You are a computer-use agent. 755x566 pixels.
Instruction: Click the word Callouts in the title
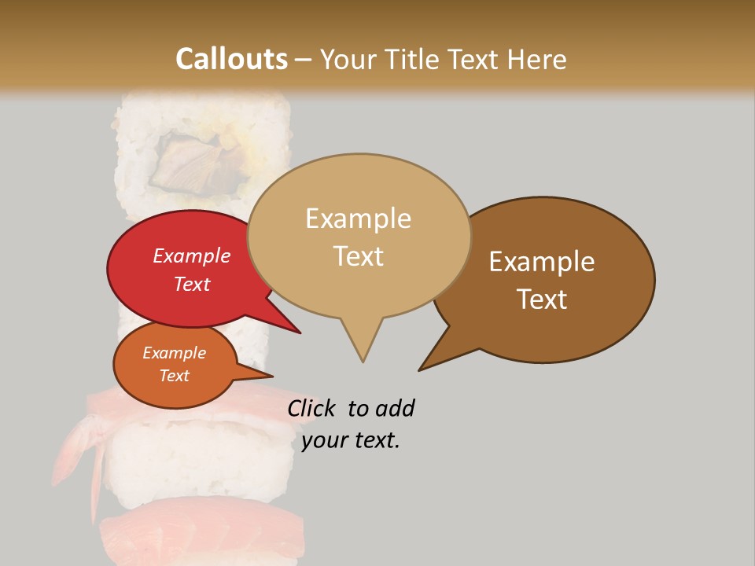[231, 59]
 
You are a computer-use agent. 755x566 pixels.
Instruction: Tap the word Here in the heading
[536, 59]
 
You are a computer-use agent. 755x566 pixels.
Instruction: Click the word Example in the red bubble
[192, 255]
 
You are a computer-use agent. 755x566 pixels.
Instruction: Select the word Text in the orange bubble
[175, 376]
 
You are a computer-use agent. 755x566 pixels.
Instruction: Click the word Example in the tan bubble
[358, 219]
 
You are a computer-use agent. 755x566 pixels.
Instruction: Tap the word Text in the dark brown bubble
[542, 299]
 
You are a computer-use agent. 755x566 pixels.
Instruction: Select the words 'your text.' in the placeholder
[351, 440]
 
